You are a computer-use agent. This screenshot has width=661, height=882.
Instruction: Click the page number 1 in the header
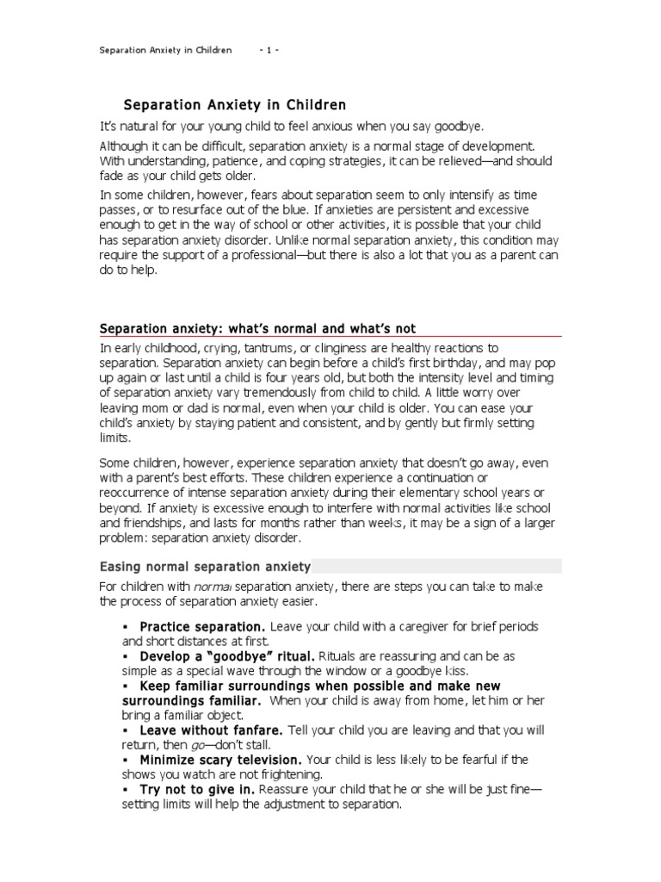[x=269, y=50]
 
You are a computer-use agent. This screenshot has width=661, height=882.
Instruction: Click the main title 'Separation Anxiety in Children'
[x=235, y=105]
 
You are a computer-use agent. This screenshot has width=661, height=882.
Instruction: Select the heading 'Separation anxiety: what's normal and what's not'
[x=257, y=328]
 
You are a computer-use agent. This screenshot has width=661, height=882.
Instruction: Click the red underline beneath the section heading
[x=330, y=337]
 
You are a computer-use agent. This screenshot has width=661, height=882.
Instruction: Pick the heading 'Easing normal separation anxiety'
[x=206, y=566]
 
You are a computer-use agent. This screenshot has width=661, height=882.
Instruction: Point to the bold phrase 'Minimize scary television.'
[x=220, y=760]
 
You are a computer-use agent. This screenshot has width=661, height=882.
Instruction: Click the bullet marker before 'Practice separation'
[x=126, y=626]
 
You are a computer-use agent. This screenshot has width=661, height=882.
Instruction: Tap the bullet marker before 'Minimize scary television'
[x=126, y=760]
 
